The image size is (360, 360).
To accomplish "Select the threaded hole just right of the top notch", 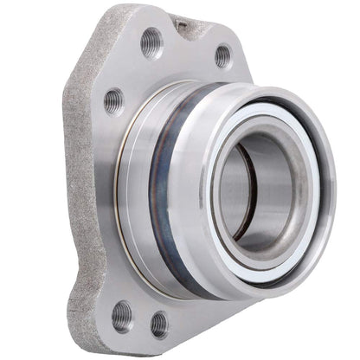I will point(223,55).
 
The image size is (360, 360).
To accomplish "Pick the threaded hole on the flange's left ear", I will point(113,100).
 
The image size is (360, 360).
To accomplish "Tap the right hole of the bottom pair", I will point(159,325).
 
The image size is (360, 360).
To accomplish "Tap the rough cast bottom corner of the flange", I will point(87,329).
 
